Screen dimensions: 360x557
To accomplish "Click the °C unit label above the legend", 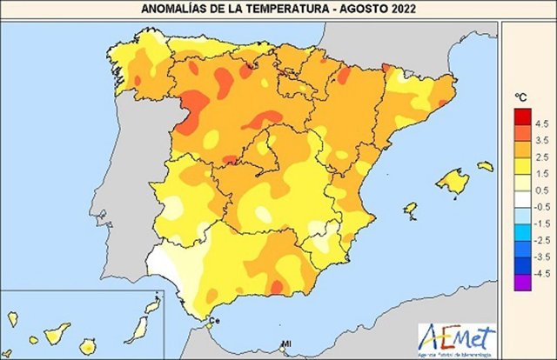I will click(521, 97).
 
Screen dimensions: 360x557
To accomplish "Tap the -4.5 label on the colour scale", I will click(536, 273).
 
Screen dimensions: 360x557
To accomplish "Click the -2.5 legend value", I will click(536, 240).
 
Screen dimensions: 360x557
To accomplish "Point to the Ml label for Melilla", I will click(285, 347).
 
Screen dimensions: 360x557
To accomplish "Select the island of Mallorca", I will click(452, 182).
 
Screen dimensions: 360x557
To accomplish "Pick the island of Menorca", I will click(485, 165).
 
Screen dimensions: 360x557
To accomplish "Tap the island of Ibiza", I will click(409, 209).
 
